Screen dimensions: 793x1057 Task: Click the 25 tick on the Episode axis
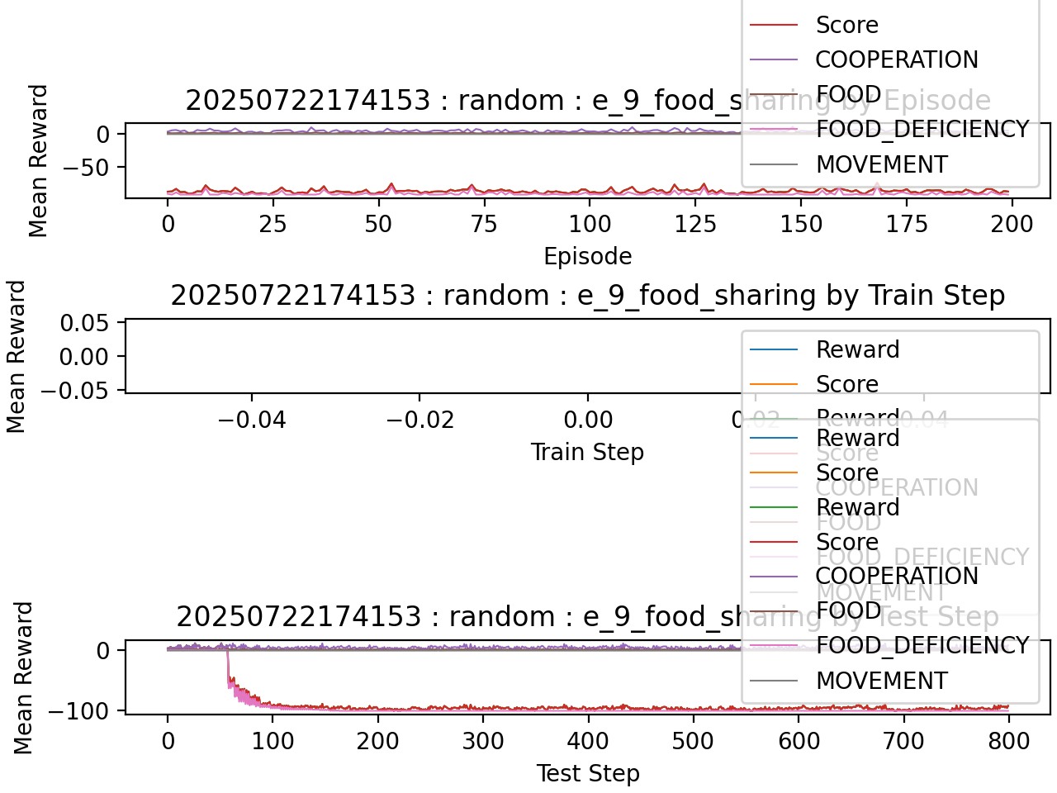[x=273, y=224]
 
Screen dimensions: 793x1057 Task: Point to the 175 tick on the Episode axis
[x=906, y=224]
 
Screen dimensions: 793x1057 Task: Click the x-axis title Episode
[x=587, y=256]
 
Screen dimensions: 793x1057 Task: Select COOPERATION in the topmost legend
[x=896, y=59]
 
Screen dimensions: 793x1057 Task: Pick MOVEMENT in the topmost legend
[x=881, y=164]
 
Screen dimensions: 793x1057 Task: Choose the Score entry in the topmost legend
[x=846, y=25]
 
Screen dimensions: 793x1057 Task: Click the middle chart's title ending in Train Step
[x=587, y=295]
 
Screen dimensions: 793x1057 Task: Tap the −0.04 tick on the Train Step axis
[x=251, y=420]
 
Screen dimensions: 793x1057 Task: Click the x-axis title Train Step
[x=587, y=452]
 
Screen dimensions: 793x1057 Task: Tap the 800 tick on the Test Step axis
[x=1008, y=741]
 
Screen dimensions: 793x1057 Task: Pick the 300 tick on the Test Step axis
[x=483, y=741]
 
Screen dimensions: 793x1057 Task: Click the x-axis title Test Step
[x=587, y=773]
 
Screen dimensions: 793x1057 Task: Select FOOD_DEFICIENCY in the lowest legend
[x=922, y=645]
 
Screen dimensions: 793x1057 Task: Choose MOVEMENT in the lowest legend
[x=881, y=681]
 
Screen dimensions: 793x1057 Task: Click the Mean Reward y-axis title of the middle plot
[x=17, y=357]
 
